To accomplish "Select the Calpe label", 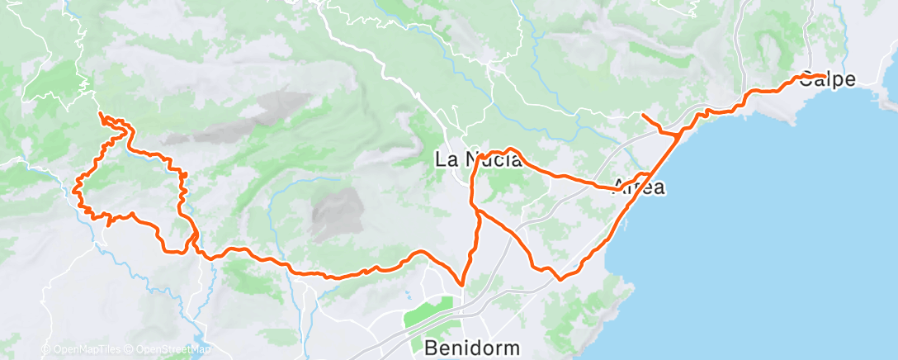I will [826, 79].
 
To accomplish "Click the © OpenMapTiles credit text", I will [83, 349].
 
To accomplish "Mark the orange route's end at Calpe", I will [823, 76].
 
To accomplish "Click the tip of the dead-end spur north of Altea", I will [642, 114].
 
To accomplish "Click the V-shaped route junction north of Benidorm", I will [463, 283].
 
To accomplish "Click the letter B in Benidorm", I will [431, 347].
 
